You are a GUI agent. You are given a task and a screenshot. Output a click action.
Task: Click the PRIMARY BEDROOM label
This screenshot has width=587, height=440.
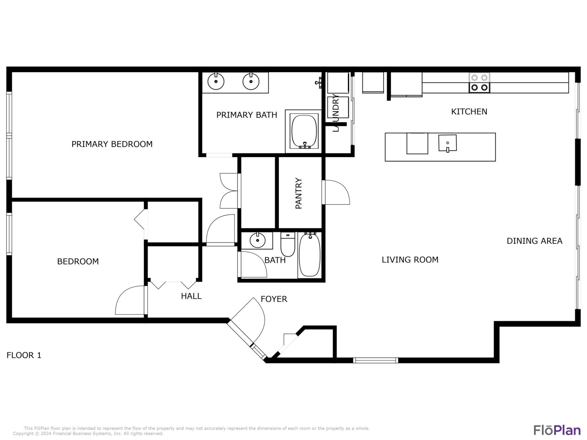click(x=112, y=144)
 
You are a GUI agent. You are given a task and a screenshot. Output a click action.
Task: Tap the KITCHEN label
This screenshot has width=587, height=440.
click(x=469, y=112)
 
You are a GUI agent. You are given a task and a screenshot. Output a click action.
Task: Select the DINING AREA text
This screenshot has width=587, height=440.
click(x=534, y=241)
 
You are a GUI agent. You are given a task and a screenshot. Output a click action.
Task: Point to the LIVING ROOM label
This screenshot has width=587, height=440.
click(x=410, y=260)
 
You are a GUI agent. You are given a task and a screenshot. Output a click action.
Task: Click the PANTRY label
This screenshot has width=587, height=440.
click(x=298, y=193)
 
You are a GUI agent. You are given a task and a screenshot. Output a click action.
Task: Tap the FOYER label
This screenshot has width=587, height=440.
click(x=274, y=299)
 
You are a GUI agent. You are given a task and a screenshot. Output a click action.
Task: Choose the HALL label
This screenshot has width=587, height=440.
click(x=191, y=296)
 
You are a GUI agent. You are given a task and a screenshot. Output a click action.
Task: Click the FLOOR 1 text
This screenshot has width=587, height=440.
click(x=24, y=355)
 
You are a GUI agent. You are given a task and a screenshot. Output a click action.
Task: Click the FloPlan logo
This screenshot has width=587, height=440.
click(x=557, y=430)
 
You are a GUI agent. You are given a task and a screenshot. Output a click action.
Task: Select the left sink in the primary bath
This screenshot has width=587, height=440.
click(x=216, y=82)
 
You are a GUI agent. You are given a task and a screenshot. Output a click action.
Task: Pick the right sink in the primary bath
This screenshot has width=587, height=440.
click(x=251, y=82)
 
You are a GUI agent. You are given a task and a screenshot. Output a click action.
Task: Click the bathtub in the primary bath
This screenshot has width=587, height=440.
click(x=304, y=131)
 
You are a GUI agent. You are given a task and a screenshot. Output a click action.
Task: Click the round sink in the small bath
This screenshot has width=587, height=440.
click(x=257, y=240)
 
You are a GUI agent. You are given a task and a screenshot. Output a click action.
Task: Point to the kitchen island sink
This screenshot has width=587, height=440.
click(x=447, y=143)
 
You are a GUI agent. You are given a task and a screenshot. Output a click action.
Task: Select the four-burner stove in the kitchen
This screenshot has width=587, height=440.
click(x=479, y=83)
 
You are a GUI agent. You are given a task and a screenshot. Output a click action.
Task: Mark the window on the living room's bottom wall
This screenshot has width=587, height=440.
click(x=375, y=360)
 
